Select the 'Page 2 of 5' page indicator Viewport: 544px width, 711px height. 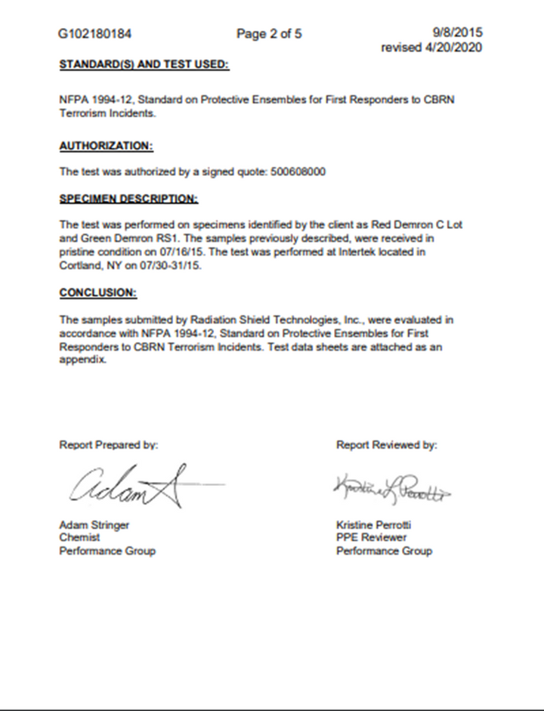269,33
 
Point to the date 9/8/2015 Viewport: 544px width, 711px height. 458,32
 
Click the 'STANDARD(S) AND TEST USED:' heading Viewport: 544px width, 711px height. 144,65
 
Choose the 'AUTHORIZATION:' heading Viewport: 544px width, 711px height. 106,145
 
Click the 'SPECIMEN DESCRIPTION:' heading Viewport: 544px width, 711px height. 128,199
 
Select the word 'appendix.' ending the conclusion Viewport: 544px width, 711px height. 83,360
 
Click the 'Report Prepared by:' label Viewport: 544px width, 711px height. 109,446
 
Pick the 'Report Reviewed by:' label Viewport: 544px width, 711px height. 386,446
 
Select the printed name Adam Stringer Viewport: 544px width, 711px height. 94,524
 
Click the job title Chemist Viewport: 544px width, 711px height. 79,537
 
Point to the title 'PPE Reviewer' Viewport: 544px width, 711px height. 371,537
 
